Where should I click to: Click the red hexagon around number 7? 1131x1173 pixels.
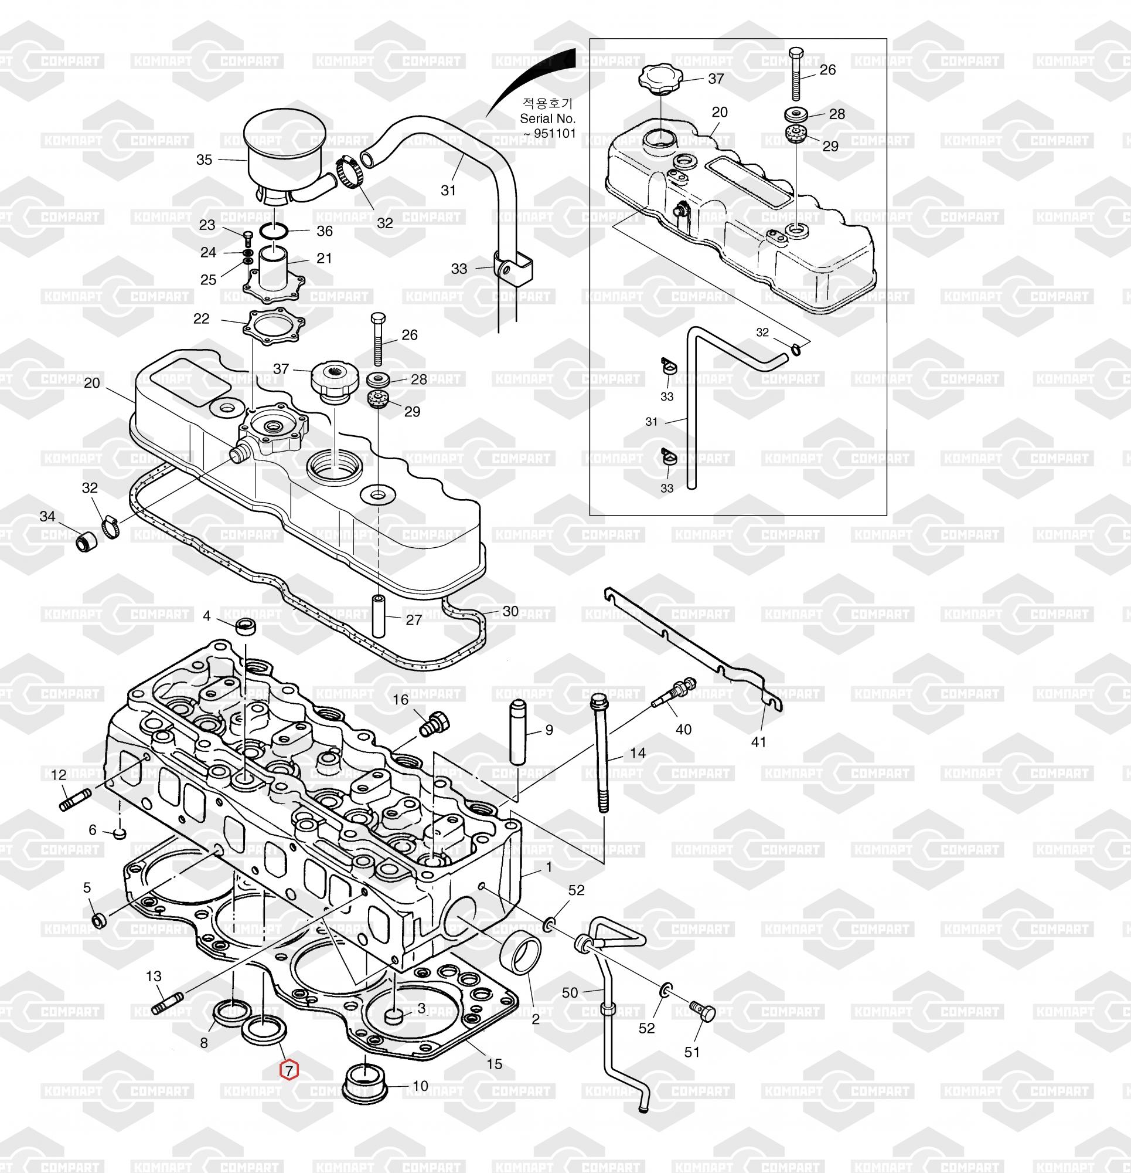tap(289, 1069)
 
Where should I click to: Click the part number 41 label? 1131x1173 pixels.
tap(758, 742)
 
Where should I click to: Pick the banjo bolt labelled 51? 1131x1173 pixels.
tap(702, 1009)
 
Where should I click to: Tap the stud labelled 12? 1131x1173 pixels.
tap(76, 799)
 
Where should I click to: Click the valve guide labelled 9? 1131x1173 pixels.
tap(517, 731)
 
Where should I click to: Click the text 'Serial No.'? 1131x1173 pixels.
tap(547, 118)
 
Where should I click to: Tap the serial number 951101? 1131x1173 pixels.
tap(555, 134)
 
